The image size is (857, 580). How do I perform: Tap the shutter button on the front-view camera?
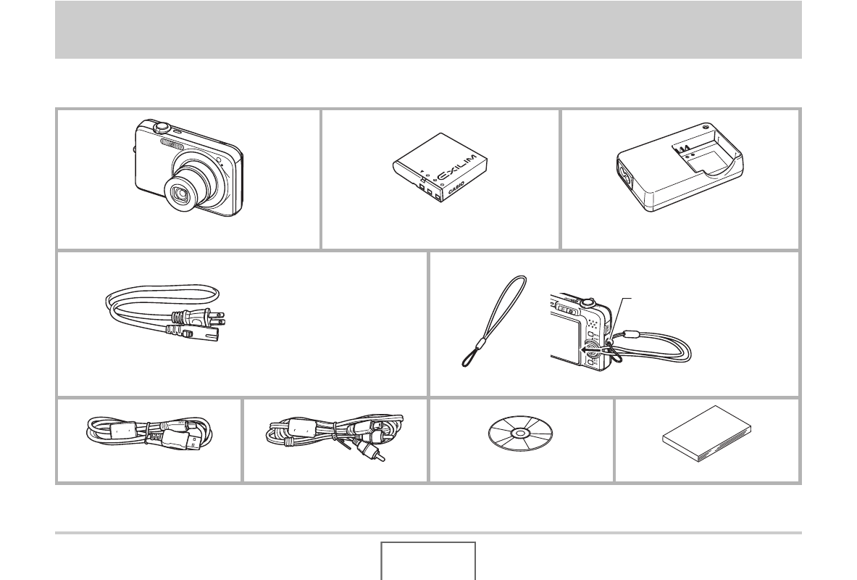click(161, 127)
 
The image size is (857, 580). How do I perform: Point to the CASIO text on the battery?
click(456, 188)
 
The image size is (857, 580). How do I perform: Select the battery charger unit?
click(680, 167)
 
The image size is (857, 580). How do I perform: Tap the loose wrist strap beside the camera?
click(493, 320)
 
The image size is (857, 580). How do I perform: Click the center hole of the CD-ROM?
click(520, 434)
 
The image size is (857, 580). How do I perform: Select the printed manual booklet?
click(707, 434)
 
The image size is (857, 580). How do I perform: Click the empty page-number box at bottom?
click(428, 561)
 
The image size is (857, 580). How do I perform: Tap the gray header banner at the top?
click(429, 30)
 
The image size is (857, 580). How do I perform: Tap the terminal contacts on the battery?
click(430, 192)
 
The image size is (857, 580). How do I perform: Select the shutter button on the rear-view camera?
click(587, 301)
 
